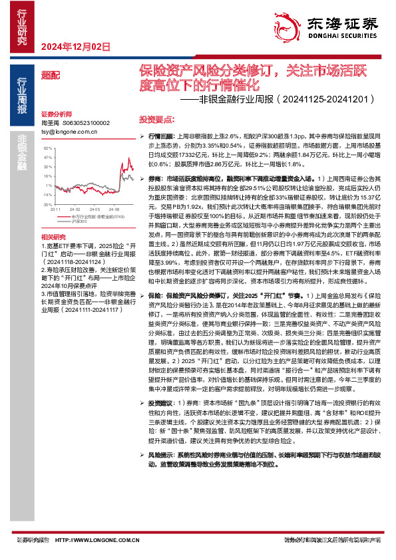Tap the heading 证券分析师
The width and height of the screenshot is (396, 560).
[x=55, y=114]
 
